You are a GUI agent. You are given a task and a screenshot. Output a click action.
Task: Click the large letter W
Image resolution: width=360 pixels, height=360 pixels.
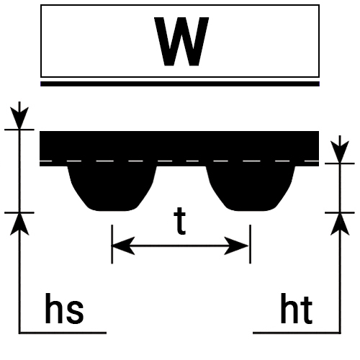click(x=181, y=41)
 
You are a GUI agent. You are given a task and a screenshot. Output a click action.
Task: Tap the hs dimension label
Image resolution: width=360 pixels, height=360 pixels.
click(x=64, y=308)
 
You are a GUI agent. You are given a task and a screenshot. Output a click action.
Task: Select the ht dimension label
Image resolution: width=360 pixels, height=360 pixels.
click(x=297, y=308)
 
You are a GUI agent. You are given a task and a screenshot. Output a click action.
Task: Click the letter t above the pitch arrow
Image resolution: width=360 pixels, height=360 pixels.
click(x=180, y=221)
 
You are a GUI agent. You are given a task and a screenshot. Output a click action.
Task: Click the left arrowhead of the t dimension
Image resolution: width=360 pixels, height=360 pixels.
click(x=123, y=246)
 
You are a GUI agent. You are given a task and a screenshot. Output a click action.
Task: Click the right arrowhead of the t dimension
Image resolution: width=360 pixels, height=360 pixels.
click(x=236, y=246)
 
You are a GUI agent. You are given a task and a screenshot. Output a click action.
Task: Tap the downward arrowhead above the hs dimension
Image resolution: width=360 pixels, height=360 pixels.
click(x=19, y=117)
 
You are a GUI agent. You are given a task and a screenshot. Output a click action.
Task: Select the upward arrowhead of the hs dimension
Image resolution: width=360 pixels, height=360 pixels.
click(x=19, y=225)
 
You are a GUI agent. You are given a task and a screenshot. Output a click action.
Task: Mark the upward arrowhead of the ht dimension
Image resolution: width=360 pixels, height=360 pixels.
click(x=340, y=225)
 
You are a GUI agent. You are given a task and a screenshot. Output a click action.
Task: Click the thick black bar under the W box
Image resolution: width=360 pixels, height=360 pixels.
click(x=180, y=84)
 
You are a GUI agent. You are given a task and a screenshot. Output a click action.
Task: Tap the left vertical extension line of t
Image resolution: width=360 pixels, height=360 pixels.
click(x=112, y=244)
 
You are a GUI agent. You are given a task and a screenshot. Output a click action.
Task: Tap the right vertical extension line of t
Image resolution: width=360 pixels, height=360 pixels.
click(x=250, y=244)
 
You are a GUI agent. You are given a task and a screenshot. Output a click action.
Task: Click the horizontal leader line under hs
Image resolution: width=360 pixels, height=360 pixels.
click(x=63, y=333)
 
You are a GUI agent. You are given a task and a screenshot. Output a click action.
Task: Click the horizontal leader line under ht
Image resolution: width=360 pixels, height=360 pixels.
click(x=297, y=333)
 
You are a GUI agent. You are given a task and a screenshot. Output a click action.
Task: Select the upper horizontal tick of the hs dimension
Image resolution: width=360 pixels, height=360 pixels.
click(x=19, y=130)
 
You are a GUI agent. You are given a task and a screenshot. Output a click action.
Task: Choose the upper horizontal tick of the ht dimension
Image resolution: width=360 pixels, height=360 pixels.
click(x=340, y=163)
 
